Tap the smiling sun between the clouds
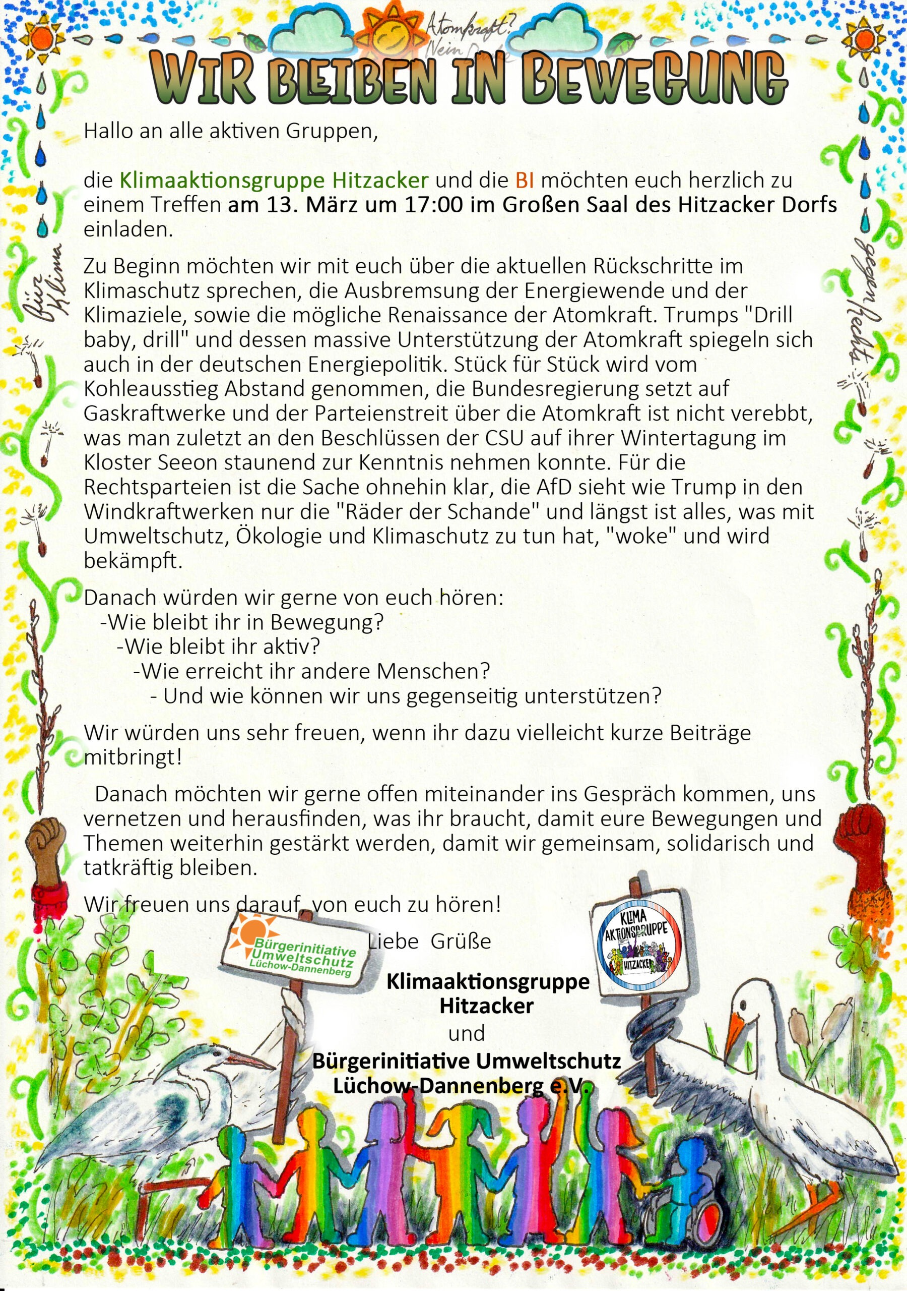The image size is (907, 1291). pos(392,33)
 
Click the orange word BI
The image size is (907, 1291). pos(525,181)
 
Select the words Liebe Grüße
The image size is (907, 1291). pos(429,941)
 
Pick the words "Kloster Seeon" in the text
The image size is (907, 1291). pos(145,462)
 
